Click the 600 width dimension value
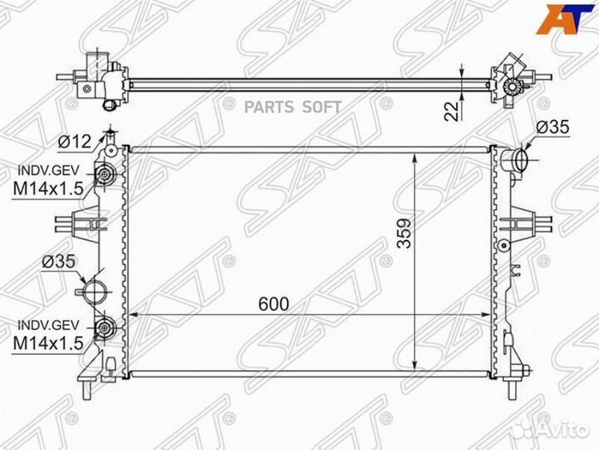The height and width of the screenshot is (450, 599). pos(273,305)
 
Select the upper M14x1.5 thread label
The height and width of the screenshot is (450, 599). pos(47,188)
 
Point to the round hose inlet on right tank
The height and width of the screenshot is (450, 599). pos(515,159)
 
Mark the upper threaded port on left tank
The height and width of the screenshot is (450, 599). pos(105,175)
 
